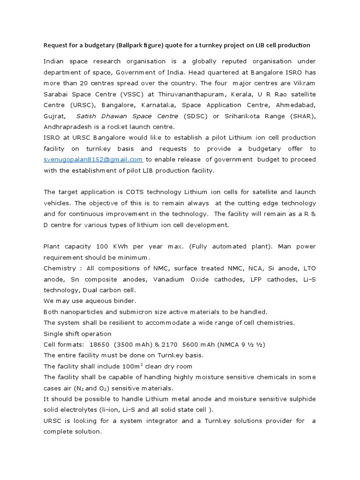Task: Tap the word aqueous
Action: point(88,300)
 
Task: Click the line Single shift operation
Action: point(77,334)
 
